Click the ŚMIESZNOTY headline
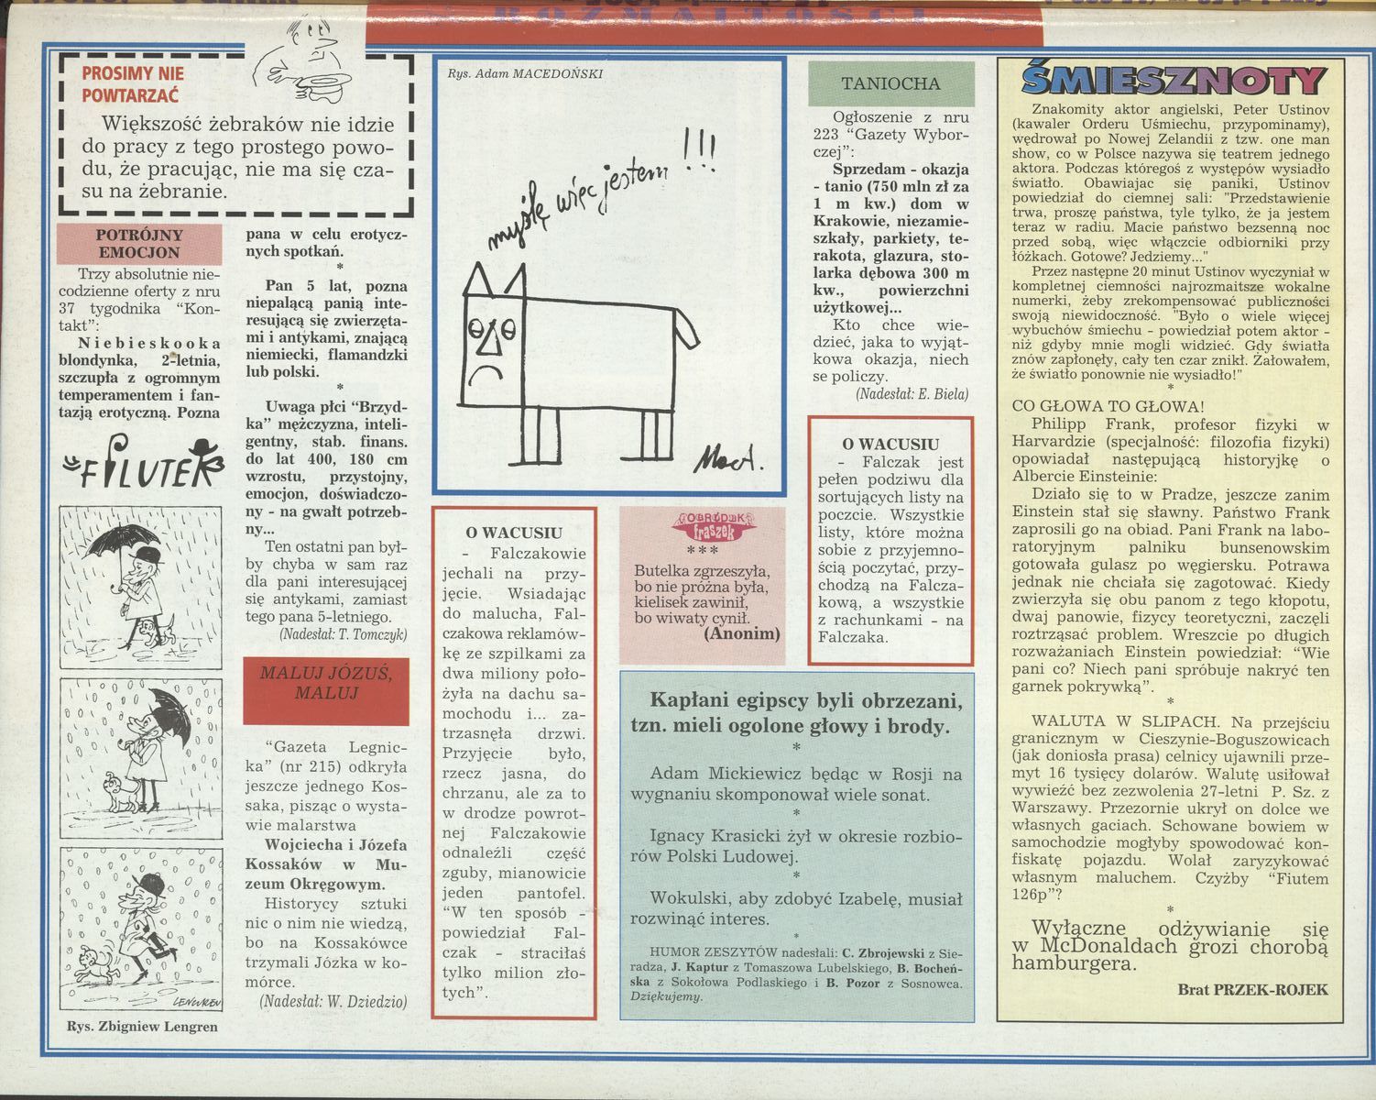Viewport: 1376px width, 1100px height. point(1173,81)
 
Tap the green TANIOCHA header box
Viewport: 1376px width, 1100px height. point(890,83)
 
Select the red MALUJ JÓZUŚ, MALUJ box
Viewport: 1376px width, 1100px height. point(326,691)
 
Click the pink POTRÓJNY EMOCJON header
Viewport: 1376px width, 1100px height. point(139,244)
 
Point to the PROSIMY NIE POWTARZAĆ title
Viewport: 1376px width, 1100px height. point(132,84)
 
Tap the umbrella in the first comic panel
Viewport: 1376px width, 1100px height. point(122,542)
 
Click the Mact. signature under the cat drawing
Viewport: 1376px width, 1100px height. point(727,458)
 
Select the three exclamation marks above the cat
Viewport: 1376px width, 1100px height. point(700,150)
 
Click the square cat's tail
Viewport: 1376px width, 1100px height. point(687,326)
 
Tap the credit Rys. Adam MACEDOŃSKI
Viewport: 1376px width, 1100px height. point(525,73)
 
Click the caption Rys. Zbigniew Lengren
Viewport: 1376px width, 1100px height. point(142,1027)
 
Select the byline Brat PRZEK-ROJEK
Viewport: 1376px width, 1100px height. point(1252,989)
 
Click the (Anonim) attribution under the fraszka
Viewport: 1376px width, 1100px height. point(742,634)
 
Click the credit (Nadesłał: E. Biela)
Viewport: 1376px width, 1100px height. point(912,394)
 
